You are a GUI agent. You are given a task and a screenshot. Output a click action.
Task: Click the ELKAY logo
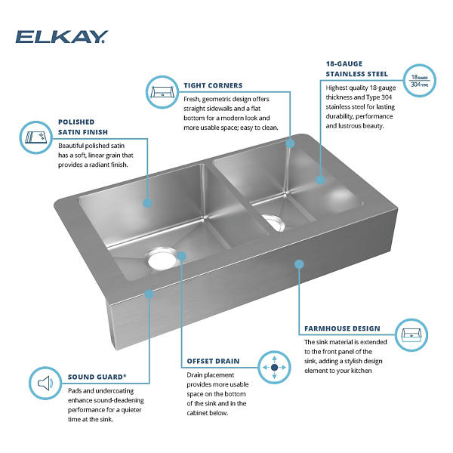pyautogui.click(x=62, y=37)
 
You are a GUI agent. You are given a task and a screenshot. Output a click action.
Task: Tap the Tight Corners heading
pyautogui.click(x=213, y=85)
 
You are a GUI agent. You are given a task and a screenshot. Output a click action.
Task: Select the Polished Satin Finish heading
pyautogui.click(x=83, y=127)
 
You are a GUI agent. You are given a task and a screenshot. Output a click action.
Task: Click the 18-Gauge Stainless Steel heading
pyautogui.click(x=357, y=69)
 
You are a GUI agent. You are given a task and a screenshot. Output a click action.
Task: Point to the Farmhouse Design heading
pyautogui.click(x=342, y=328)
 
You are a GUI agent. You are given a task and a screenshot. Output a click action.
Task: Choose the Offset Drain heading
pyautogui.click(x=213, y=361)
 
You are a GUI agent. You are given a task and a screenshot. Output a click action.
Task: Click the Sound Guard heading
pyautogui.click(x=97, y=377)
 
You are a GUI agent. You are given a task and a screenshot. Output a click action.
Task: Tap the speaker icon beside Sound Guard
pyautogui.click(x=45, y=384)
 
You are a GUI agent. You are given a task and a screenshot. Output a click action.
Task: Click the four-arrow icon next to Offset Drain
pyautogui.click(x=274, y=367)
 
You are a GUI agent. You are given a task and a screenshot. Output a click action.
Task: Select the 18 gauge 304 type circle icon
pyautogui.click(x=420, y=81)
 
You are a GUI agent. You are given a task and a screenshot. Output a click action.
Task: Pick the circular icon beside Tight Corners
pyautogui.click(x=162, y=92)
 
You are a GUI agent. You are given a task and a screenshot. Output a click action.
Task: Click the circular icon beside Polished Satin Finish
pyautogui.click(x=35, y=137)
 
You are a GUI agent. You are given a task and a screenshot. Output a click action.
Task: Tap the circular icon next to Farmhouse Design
pyautogui.click(x=411, y=335)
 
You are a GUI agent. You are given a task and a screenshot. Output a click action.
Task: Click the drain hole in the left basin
pyautogui.click(x=162, y=258)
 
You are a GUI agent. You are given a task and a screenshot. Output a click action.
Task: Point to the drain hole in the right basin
pyautogui.click(x=275, y=223)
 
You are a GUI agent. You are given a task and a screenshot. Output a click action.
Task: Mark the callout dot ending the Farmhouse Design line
pyautogui.click(x=299, y=263)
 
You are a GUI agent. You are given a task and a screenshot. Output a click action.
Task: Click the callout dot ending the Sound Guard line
pyautogui.click(x=149, y=294)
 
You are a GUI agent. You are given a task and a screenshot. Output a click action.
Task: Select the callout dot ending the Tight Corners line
pyautogui.click(x=290, y=143)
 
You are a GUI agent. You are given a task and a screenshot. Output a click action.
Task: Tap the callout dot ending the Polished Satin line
pyautogui.click(x=148, y=203)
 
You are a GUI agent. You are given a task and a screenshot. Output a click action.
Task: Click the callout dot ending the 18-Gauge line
pyautogui.click(x=320, y=180)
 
